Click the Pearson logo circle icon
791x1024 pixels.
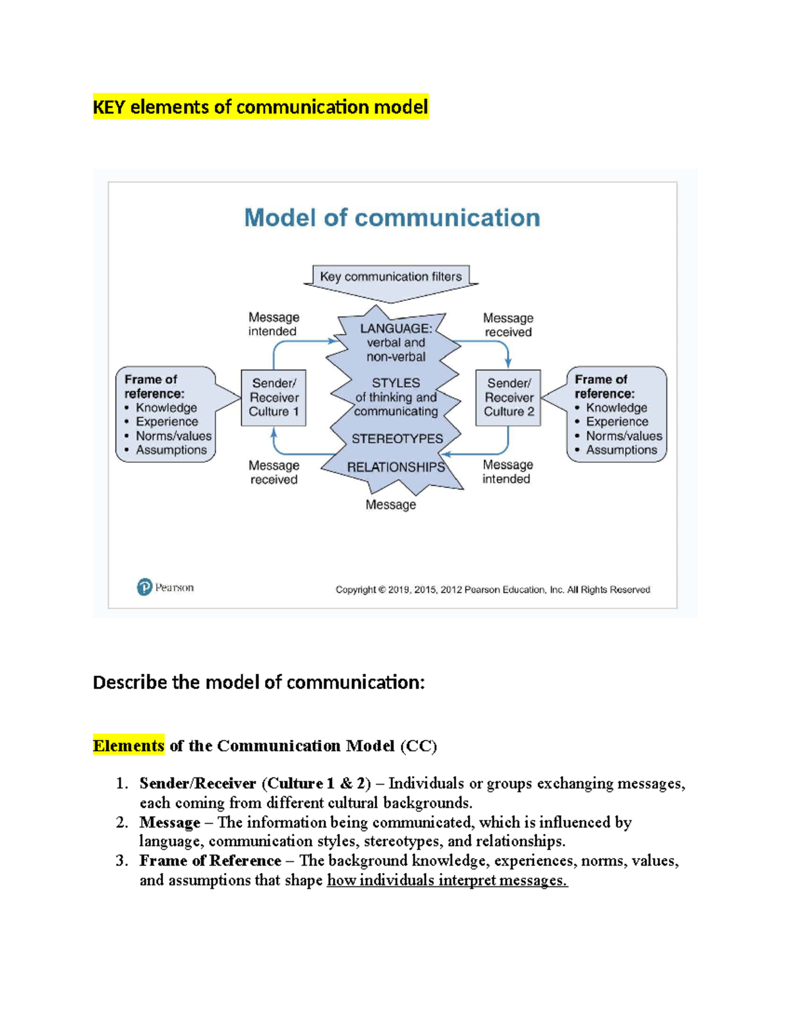tap(144, 587)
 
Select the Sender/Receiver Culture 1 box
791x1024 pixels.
tap(274, 398)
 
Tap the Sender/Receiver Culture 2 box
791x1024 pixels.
tap(508, 398)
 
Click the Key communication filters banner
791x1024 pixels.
tap(391, 277)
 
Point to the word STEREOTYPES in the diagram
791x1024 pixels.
tap(397, 439)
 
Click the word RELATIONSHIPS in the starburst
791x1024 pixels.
tap(395, 467)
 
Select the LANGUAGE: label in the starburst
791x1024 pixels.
tap(395, 328)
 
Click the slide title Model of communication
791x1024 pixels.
tap(392, 218)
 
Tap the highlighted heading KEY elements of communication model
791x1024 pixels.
tap(260, 107)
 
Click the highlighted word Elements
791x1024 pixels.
tap(129, 746)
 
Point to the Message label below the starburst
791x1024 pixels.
tap(391, 505)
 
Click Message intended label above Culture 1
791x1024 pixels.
tap(274, 324)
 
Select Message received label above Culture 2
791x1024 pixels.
tap(508, 325)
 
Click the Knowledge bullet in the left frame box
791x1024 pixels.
tap(166, 408)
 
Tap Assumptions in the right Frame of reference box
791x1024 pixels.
tap(622, 450)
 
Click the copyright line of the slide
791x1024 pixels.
tap(492, 589)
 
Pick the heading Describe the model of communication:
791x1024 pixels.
tap(259, 682)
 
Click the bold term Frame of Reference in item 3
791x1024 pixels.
tap(210, 861)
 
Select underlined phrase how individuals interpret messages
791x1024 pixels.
tap(447, 880)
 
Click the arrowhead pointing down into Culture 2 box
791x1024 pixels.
tap(508, 364)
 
